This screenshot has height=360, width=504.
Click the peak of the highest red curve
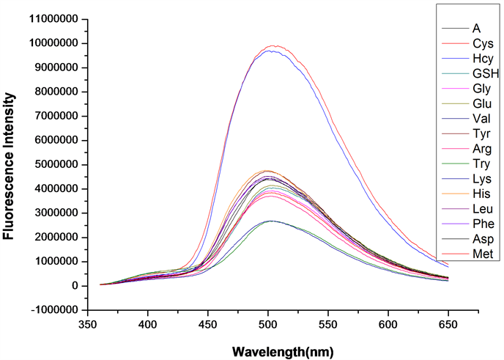pyautogui.click(x=274, y=45)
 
